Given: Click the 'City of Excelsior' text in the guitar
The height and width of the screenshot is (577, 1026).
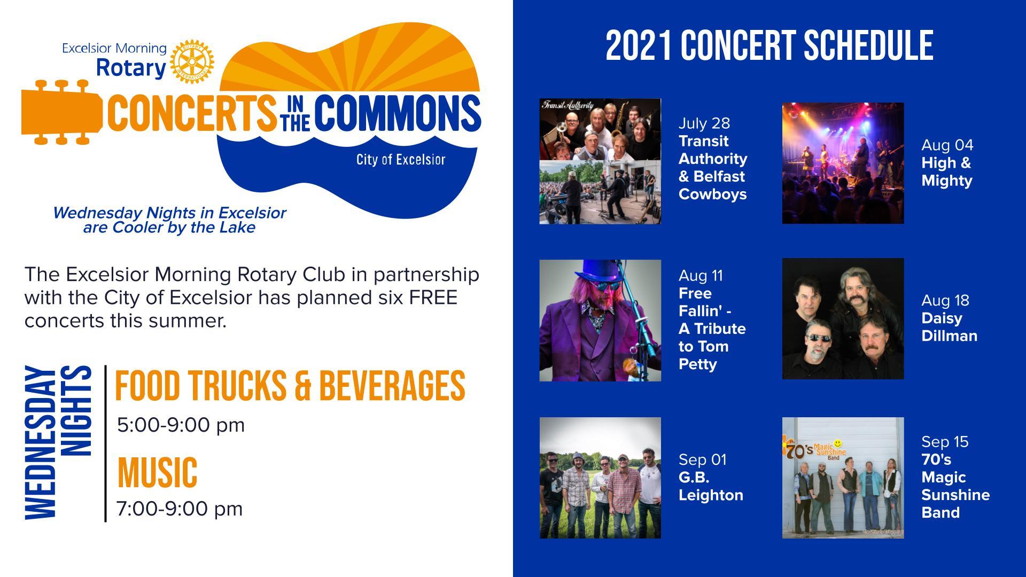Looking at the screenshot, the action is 401,160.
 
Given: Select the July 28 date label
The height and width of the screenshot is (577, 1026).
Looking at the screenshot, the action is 704,123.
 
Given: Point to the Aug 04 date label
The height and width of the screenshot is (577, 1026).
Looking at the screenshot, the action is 947,145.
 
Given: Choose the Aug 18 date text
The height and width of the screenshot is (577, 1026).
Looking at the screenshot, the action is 945,301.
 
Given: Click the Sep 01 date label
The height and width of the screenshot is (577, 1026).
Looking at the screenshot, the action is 703,460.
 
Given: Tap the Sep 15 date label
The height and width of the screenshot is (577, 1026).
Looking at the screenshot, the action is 945,442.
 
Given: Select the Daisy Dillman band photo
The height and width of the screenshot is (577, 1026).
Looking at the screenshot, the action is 843,319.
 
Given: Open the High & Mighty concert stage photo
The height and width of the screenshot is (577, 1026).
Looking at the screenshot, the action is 843,163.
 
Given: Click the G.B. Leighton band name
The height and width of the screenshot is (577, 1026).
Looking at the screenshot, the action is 711,486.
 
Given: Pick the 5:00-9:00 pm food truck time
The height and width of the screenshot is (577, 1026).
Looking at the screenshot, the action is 181,425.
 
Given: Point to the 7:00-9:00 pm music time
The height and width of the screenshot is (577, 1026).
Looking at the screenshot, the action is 180,509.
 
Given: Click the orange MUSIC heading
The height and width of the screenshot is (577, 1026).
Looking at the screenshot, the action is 157,473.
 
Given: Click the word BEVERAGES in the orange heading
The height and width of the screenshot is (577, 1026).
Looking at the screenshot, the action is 392,386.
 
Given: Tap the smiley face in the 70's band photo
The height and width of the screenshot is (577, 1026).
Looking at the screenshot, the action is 838,443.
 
